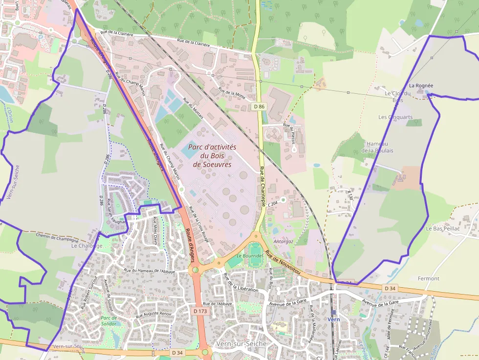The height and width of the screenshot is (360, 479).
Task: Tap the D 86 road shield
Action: click(259, 106)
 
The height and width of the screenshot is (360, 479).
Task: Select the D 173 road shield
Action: click(200, 311)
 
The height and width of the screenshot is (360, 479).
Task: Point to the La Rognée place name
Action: click(421, 85)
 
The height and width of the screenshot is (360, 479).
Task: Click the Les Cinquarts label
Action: click(395, 117)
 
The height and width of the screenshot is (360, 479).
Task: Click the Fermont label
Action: click(429, 278)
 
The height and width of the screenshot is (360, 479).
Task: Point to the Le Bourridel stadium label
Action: click(246, 255)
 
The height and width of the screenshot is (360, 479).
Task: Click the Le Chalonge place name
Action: click(87, 246)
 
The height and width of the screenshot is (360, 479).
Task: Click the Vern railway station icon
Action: click(333, 312)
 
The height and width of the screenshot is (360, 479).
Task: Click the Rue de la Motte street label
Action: click(232, 93)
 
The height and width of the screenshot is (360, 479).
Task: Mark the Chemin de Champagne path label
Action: click(57, 237)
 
